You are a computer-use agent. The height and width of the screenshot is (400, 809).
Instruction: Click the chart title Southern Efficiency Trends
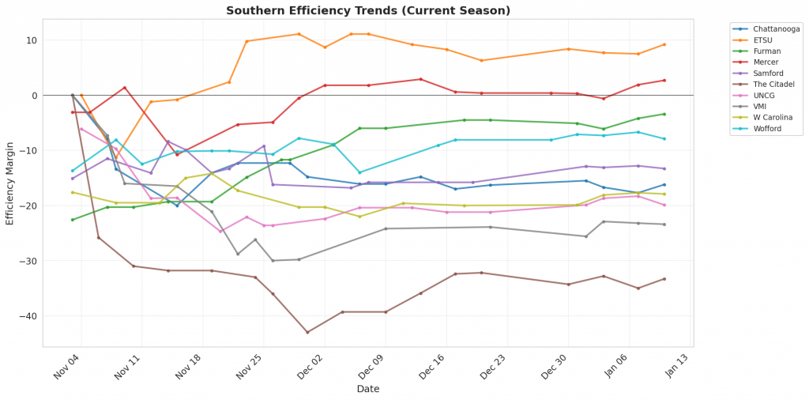[368, 11]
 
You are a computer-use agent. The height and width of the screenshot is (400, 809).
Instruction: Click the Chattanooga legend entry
[776, 28]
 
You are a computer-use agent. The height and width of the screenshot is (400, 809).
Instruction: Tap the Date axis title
[368, 389]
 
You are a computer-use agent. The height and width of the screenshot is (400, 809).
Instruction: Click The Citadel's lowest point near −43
[307, 332]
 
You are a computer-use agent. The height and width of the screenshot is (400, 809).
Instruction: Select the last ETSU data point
[664, 44]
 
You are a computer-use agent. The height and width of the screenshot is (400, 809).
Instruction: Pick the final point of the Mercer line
[664, 81]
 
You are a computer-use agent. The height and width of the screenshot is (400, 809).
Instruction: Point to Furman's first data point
[73, 220]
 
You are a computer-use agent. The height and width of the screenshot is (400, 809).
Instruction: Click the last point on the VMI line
[664, 225]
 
